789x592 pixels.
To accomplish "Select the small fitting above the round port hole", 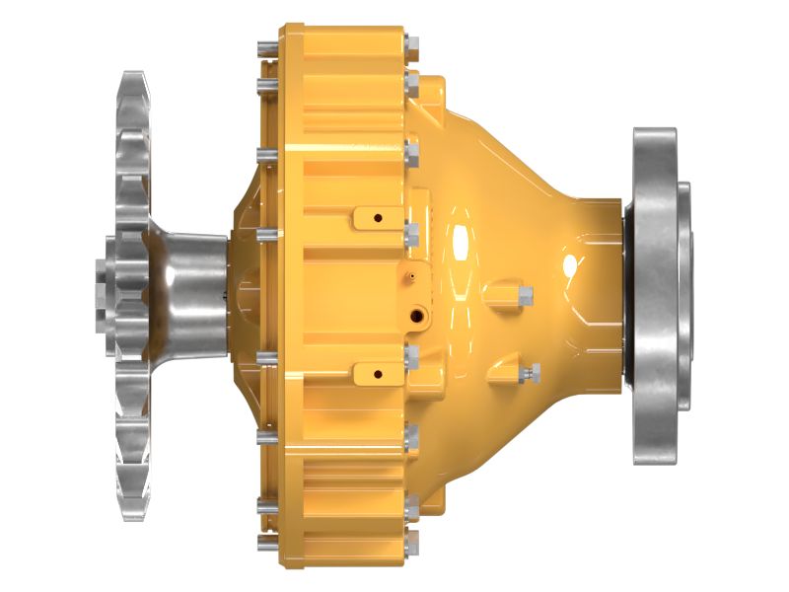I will (x=406, y=278).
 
